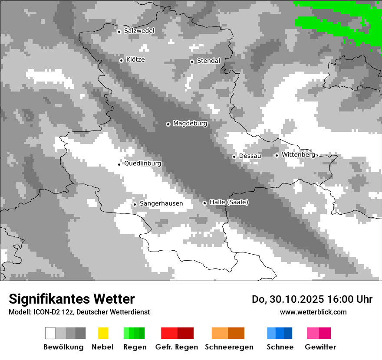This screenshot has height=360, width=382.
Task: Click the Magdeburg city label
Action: click(190, 124)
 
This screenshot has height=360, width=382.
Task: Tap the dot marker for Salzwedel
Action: click(119, 31)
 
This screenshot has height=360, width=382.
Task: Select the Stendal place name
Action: click(208, 61)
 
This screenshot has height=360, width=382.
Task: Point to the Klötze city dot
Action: click(121, 60)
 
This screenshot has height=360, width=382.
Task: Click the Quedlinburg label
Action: click(142, 164)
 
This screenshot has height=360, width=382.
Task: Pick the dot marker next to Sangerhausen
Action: click(135, 204)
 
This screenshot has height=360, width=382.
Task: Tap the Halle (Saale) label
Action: click(229, 202)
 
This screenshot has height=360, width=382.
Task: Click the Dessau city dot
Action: click(234, 157)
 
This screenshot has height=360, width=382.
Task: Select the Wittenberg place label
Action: click(298, 154)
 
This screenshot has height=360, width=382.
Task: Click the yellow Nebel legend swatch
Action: click(103, 333)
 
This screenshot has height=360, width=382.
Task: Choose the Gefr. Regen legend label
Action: click(177, 347)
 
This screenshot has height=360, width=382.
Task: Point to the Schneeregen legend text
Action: click(229, 347)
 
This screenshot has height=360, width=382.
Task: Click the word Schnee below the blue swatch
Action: click(280, 347)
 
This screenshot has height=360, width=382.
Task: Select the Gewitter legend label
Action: click(320, 347)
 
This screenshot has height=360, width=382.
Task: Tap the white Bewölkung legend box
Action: click(50, 333)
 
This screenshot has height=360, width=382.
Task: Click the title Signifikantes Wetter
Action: click(72, 299)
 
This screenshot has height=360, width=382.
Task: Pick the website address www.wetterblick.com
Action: click(313, 312)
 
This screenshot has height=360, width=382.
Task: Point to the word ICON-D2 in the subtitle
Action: click(44, 312)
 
